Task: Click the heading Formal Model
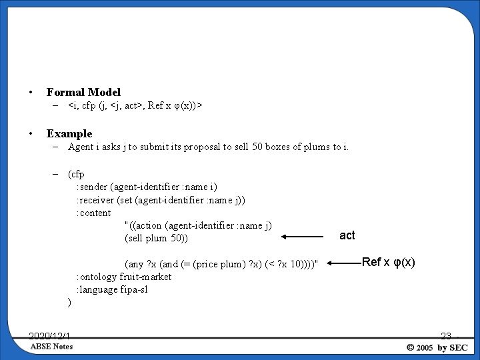coord(83,92)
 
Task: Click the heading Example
coord(69,133)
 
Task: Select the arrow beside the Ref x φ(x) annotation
coord(343,263)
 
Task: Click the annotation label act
coord(347,235)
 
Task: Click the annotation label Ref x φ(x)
coord(388,262)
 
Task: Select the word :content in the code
coord(94,213)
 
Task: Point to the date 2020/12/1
coord(50,335)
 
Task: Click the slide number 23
coord(446,335)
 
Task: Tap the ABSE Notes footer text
coord(51,346)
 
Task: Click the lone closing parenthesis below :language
coord(69,302)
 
